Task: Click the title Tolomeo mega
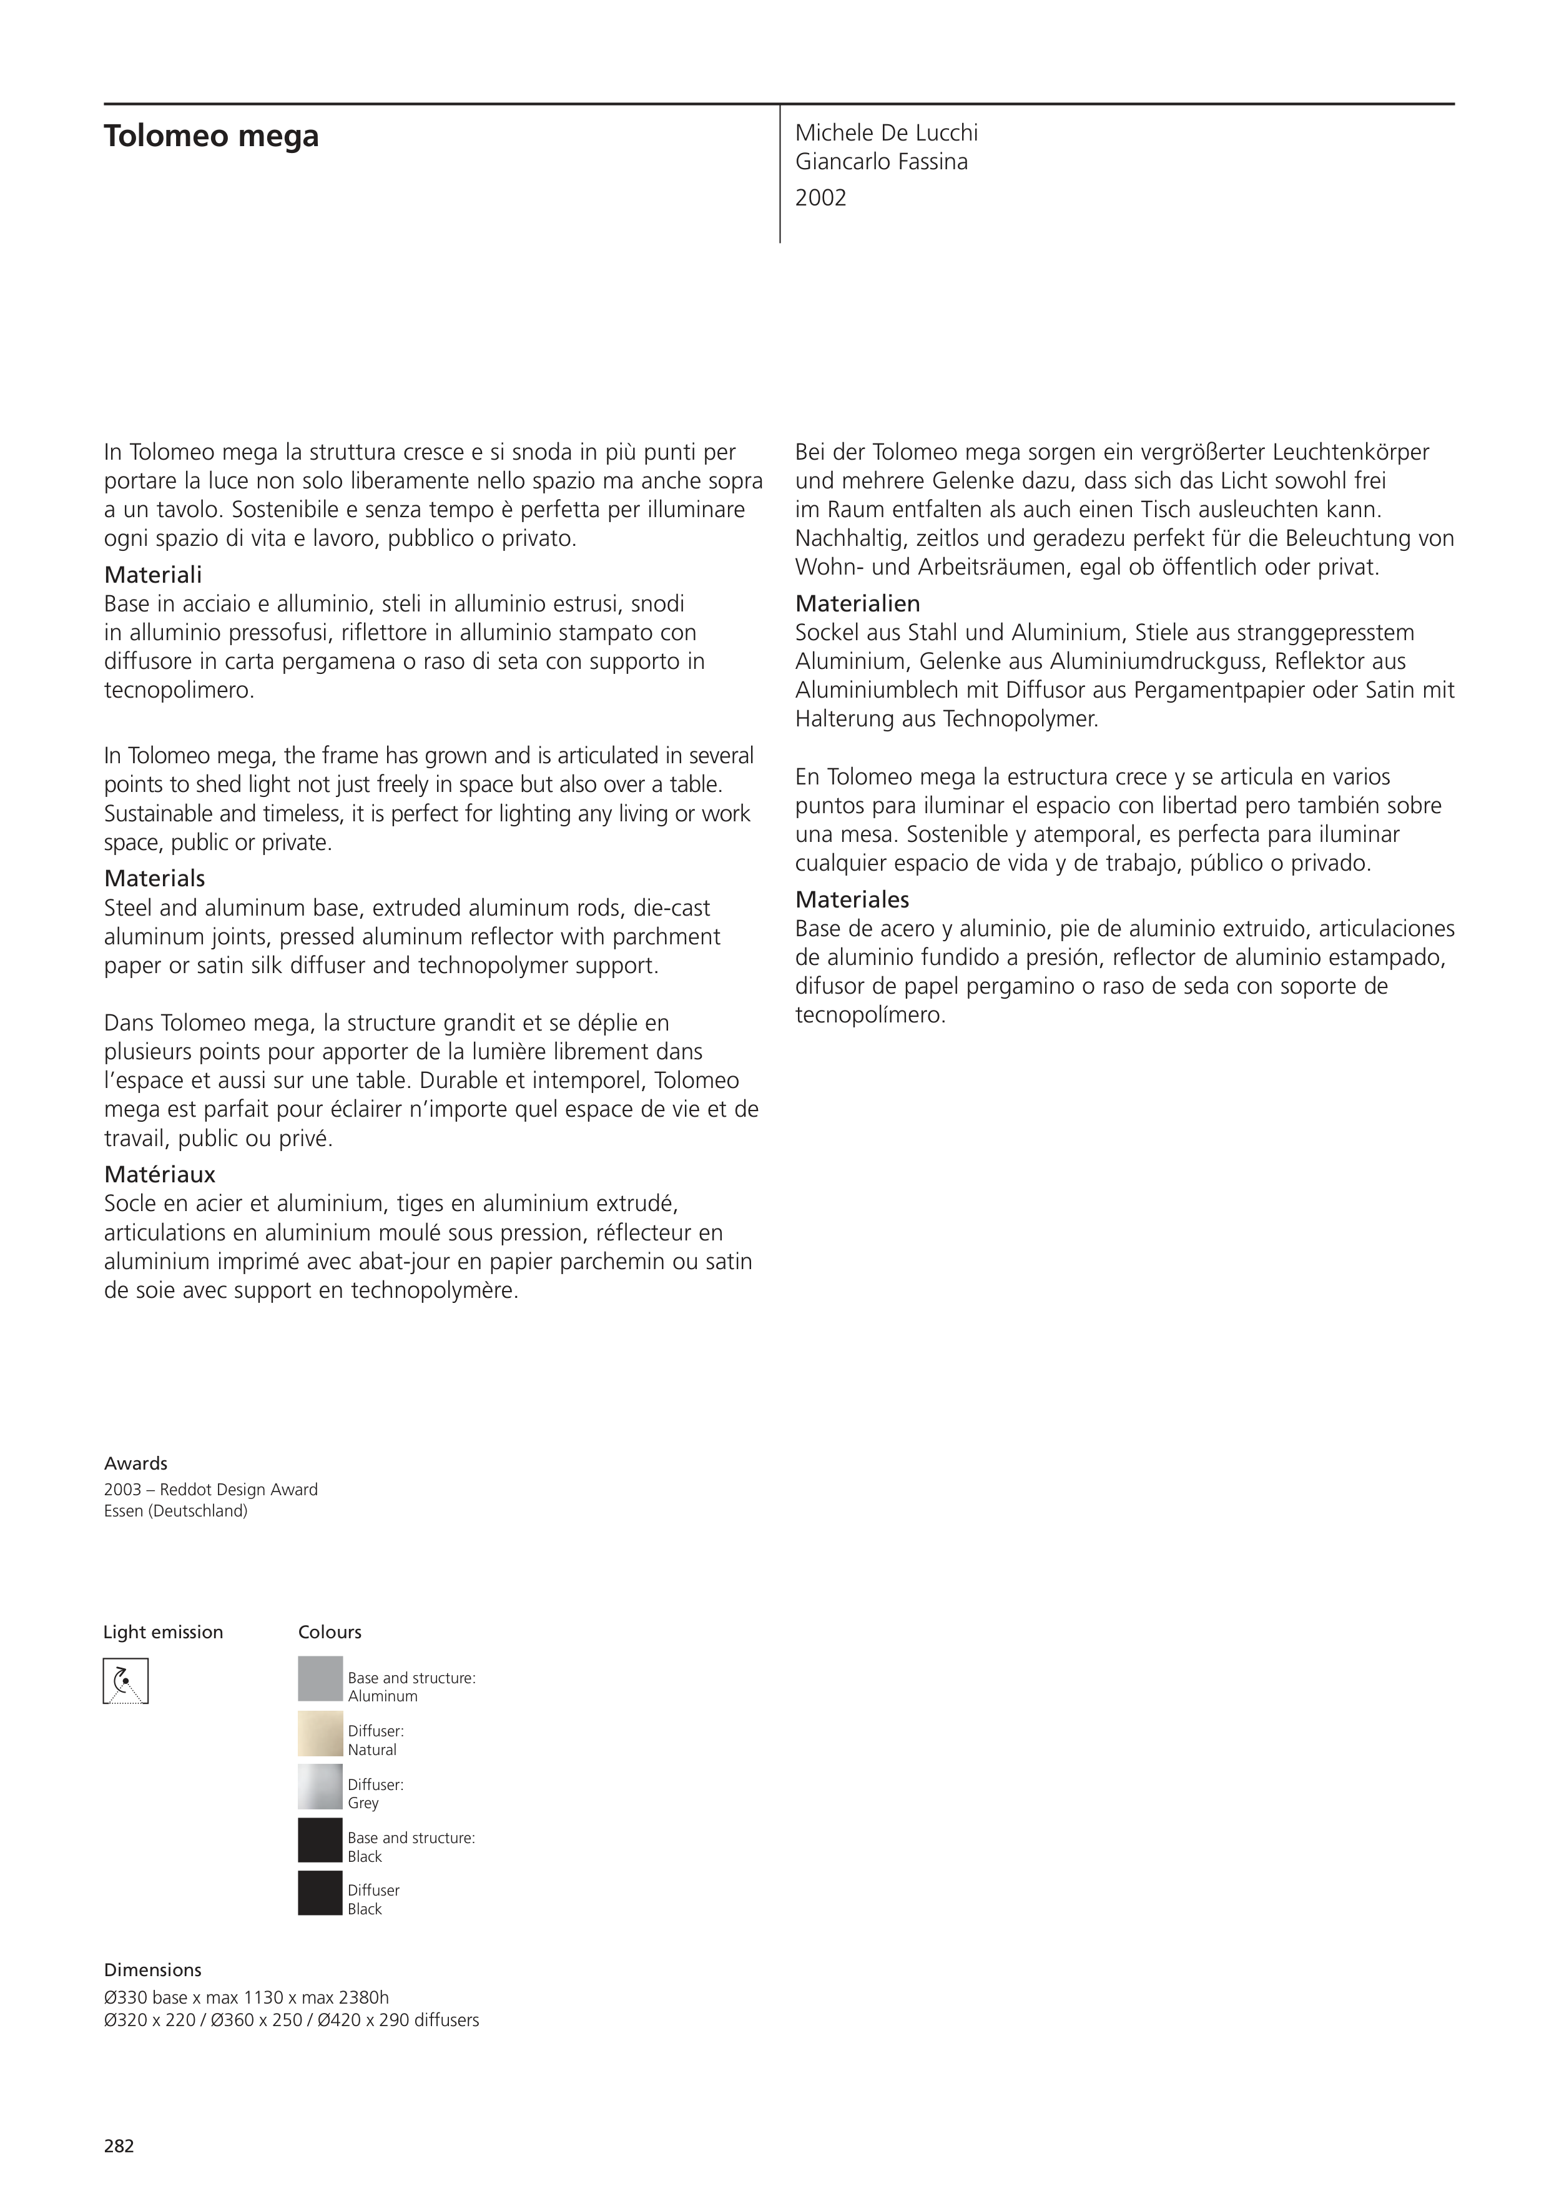(x=211, y=136)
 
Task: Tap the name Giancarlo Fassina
(x=881, y=161)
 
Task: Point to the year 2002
(x=820, y=198)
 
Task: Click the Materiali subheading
(x=153, y=575)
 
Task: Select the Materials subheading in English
(x=155, y=878)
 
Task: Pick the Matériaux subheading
(x=159, y=1174)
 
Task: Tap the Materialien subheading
(x=857, y=603)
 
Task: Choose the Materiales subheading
(x=851, y=899)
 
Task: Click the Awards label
(x=135, y=1463)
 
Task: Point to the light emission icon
(x=126, y=1681)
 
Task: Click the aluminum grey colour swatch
(x=320, y=1678)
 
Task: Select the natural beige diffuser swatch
(x=320, y=1733)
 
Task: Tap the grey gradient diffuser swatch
(x=320, y=1786)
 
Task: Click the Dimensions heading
(x=153, y=1970)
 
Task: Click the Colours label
(x=330, y=1631)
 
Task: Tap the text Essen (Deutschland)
(x=176, y=1510)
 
